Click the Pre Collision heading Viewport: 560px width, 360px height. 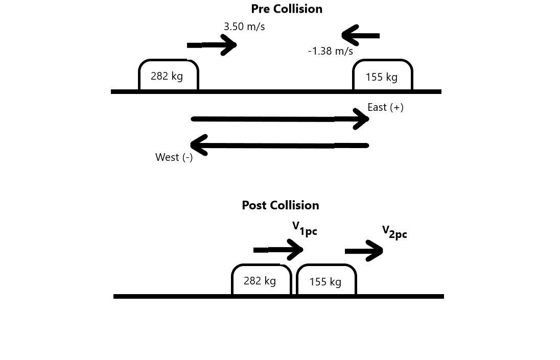click(286, 9)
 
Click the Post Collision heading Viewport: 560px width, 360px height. click(280, 205)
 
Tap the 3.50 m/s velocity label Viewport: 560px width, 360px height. click(244, 27)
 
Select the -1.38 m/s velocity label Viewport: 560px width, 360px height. click(330, 51)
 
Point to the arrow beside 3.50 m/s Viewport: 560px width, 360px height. click(212, 45)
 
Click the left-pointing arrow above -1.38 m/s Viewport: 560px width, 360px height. click(360, 36)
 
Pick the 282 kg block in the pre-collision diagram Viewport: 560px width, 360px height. click(168, 76)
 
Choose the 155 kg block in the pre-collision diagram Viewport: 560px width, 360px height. click(382, 76)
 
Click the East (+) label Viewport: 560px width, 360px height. click(385, 107)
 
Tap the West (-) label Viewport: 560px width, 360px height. click(174, 157)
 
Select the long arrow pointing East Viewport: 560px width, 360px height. click(279, 119)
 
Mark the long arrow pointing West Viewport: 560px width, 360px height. click(279, 146)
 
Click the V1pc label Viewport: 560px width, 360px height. click(305, 229)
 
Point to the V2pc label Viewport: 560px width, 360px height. click(394, 232)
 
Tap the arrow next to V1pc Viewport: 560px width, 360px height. click(278, 250)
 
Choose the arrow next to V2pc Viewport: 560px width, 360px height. click(364, 251)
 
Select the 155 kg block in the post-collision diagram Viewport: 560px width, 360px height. click(326, 281)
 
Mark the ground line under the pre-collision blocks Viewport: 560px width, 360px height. click(276, 92)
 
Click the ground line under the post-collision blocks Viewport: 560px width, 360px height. click(278, 296)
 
